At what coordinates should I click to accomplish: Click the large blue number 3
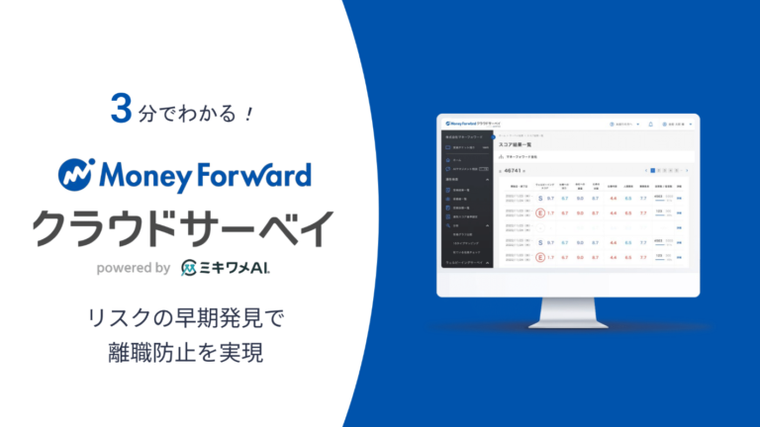[122, 111]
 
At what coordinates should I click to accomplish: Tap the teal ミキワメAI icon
[192, 267]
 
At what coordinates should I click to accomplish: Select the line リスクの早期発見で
[184, 318]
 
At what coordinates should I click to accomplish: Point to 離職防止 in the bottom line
[150, 352]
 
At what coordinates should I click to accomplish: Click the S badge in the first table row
[537, 198]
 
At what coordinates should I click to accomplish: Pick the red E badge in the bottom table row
[537, 258]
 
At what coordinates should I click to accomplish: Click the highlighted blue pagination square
[653, 170]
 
